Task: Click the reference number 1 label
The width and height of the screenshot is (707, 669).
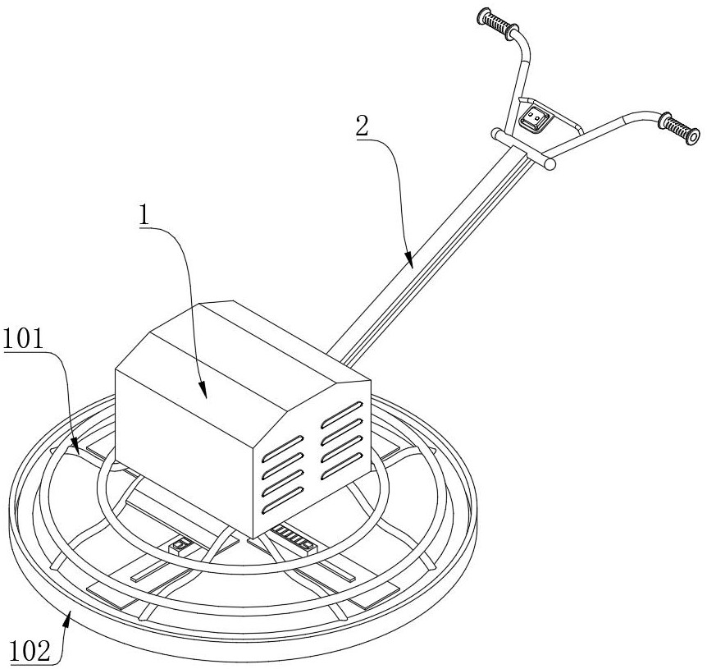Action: (144, 215)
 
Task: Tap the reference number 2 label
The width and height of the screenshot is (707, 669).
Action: (362, 126)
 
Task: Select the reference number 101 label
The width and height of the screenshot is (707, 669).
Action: (23, 338)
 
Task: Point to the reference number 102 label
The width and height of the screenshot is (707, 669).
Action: (30, 652)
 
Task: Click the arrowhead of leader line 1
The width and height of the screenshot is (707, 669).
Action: (203, 390)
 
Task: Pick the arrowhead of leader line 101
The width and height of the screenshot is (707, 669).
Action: (75, 447)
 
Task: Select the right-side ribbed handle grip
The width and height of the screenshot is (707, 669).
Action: (679, 129)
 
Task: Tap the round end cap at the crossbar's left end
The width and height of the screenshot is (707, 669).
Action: (496, 134)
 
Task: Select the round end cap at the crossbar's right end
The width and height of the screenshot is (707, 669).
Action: (550, 164)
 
